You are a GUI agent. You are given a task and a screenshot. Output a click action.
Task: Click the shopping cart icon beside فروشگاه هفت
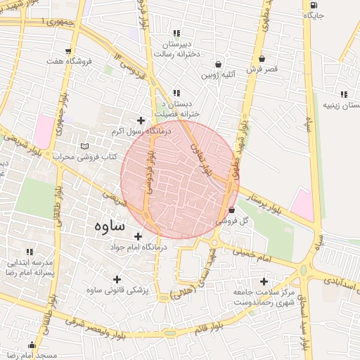point(67,51)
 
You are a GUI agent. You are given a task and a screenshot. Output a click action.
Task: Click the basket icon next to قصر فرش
point(262,58)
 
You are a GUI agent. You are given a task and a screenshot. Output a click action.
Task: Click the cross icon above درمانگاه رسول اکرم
point(141,120)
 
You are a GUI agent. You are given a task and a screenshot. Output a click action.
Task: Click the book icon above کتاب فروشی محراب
point(85,146)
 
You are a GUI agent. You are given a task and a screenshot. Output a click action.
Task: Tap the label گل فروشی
point(236,220)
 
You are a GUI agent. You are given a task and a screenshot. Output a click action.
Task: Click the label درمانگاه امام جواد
point(138,247)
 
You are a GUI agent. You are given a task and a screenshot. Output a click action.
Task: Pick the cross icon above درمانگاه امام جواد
point(138,236)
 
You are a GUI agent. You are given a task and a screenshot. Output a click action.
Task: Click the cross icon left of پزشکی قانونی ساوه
point(117,279)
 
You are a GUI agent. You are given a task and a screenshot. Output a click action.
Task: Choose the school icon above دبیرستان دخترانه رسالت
point(176,33)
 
